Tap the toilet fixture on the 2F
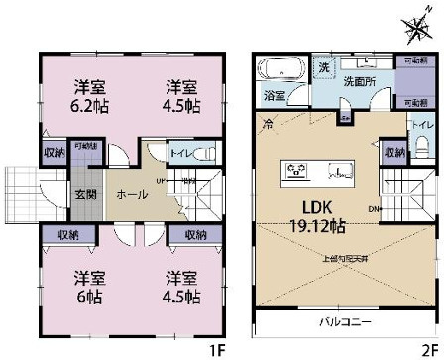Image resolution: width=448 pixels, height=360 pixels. [x=421, y=147]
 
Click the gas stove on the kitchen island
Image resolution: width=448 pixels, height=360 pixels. [x=297, y=169]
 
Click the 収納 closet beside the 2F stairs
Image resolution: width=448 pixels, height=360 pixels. [x=394, y=153]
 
